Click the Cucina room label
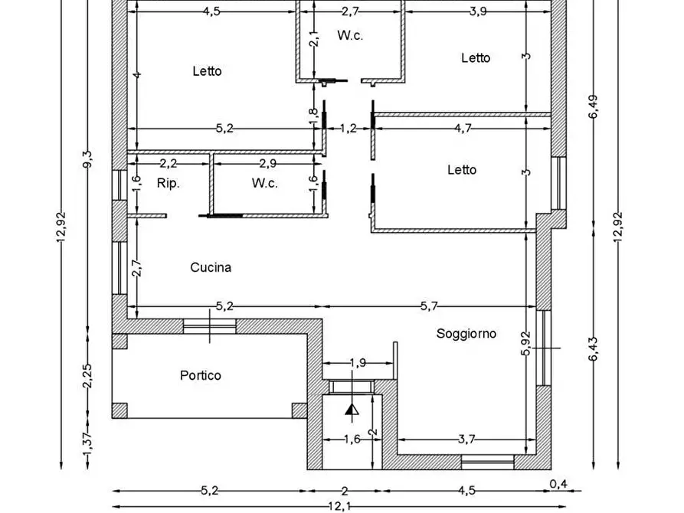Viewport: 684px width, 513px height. pos(211,267)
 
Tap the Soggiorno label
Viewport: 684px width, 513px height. pos(466,334)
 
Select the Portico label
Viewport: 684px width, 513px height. pos(201,376)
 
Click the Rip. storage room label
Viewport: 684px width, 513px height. pos(169,183)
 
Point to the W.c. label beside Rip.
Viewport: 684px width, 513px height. pos(265,183)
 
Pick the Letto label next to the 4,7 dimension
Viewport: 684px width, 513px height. pos(462,170)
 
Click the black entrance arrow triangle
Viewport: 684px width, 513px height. pos(352,410)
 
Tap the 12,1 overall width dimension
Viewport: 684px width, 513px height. pos(339,507)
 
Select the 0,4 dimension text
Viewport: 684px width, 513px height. pos(558,484)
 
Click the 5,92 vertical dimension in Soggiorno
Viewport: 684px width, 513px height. pos(525,344)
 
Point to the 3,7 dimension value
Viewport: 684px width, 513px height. pos(466,439)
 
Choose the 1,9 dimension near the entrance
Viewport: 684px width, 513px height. pos(358,363)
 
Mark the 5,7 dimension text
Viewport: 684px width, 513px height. pos(429,306)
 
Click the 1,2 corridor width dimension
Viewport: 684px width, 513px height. pos(348,129)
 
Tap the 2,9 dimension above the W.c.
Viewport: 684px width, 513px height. pos(268,163)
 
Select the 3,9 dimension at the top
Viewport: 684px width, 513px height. pos(478,11)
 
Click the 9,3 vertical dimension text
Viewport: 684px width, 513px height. pos(87,159)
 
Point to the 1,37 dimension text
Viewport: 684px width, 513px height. pos(87,443)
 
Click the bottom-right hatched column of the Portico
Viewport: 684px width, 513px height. pos(299,411)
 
